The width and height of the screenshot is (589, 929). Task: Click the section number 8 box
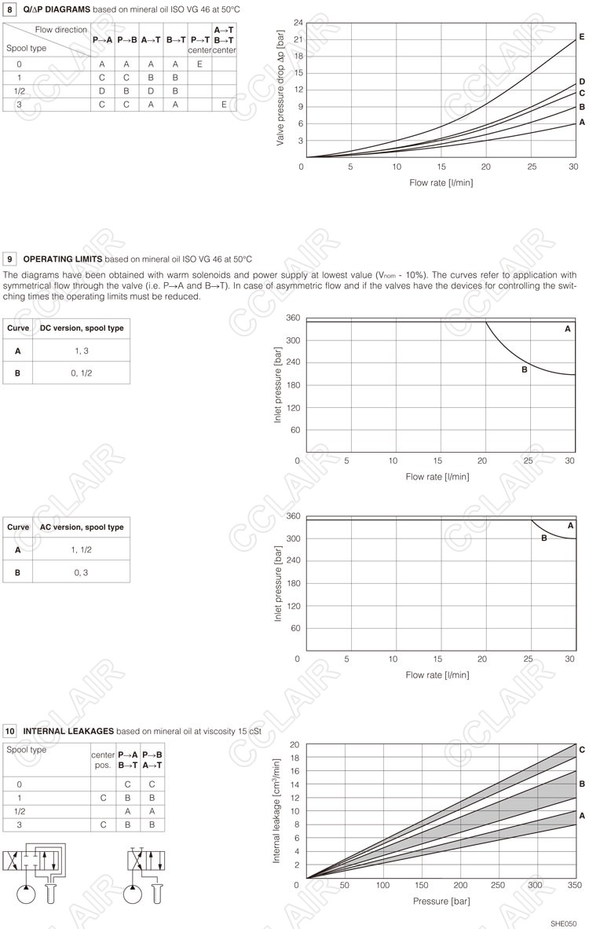pos(11,9)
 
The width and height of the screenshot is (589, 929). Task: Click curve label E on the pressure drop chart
pos(581,37)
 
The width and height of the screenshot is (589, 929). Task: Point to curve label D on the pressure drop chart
pos(581,82)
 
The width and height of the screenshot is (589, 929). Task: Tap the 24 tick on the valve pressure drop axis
pos(298,23)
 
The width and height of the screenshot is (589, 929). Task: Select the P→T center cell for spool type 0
pos(199,64)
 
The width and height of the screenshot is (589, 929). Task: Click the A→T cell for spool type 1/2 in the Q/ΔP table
pos(151,90)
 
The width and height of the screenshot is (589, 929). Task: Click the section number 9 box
pos(11,259)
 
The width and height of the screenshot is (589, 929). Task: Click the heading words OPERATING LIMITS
pos(63,259)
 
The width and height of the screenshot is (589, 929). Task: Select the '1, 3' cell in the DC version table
pos(81,351)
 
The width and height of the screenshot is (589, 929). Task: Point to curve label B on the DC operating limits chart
pos(524,369)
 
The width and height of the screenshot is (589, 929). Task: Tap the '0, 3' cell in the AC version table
pos(81,572)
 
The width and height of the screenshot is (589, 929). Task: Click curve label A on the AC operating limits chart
pos(570,525)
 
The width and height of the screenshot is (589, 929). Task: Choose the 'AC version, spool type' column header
pos(82,527)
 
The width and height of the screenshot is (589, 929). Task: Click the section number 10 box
pos(11,731)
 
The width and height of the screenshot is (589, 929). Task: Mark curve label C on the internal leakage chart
pos(581,750)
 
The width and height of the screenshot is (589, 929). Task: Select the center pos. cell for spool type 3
pos(104,825)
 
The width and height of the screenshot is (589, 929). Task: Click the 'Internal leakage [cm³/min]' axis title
pos(276,811)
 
